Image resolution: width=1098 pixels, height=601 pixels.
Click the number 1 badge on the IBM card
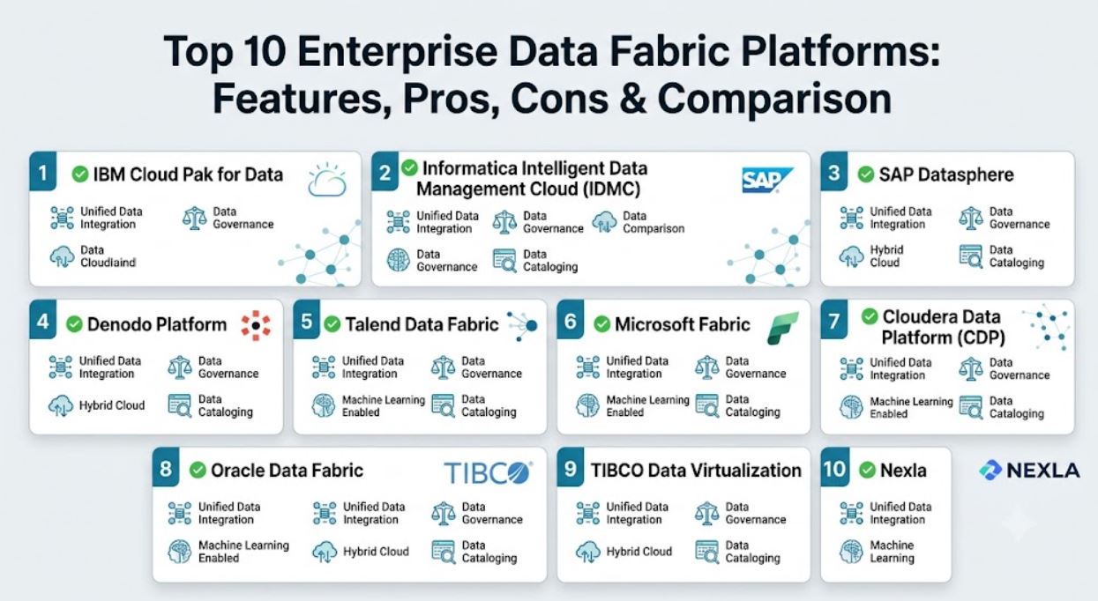point(43,172)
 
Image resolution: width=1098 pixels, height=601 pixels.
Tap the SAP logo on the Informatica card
point(767,181)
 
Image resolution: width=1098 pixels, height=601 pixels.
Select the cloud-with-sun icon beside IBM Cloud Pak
point(327,181)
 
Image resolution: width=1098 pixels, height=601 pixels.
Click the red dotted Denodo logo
point(256,325)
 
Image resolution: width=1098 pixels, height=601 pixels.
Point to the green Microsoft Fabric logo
point(783,328)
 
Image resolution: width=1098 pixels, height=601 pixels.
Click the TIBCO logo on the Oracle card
point(489,472)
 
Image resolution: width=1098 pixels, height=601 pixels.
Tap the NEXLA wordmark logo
point(1029,471)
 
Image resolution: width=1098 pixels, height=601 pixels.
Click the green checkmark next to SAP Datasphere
point(866,174)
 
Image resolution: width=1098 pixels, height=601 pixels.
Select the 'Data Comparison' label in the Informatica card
point(654,222)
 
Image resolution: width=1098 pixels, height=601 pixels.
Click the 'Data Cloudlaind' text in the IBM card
point(108,256)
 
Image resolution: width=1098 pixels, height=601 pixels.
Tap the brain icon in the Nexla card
point(851,552)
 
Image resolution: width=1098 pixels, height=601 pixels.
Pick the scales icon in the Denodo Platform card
point(180,367)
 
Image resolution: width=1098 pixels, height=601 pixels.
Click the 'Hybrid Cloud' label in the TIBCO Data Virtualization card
point(639,552)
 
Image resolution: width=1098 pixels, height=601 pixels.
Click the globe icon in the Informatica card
point(398,260)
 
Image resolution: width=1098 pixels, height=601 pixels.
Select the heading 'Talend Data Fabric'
point(422,324)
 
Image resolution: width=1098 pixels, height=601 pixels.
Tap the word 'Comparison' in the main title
point(774,99)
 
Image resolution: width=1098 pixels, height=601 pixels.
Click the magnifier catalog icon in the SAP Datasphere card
point(970,256)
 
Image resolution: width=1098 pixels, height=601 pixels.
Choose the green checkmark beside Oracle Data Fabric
point(198,471)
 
